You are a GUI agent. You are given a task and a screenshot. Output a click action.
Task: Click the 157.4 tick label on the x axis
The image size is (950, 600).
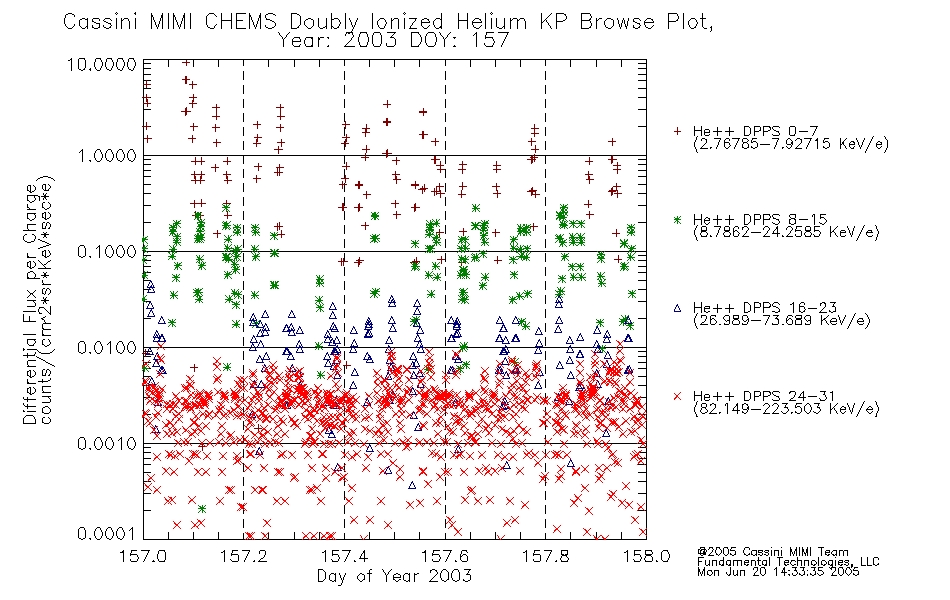(344, 556)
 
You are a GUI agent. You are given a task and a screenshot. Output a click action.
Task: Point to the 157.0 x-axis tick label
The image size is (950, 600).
(144, 556)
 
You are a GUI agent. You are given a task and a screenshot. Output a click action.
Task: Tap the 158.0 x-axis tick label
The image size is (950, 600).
(646, 556)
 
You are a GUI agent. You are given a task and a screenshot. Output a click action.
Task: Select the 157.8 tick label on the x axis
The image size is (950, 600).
(545, 556)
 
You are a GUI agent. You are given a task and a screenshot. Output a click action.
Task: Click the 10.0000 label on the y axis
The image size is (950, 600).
(102, 64)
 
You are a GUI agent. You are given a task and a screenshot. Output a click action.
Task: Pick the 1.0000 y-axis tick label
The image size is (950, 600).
(107, 156)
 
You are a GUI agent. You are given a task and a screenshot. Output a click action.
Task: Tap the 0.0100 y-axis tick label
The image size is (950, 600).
(107, 348)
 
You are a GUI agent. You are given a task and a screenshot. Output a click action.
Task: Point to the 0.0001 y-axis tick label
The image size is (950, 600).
(107, 533)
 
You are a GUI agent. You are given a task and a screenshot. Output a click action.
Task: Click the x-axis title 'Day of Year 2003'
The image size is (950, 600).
(394, 576)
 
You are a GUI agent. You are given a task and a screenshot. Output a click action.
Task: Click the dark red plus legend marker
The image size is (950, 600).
(677, 131)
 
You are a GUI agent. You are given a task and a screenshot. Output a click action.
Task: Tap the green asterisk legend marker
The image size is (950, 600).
(677, 219)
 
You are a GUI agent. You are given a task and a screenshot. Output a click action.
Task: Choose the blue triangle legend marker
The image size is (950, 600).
(677, 308)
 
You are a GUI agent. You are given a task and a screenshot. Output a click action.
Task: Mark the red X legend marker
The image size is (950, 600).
(677, 396)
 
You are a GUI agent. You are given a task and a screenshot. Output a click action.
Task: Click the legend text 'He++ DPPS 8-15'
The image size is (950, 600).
(760, 219)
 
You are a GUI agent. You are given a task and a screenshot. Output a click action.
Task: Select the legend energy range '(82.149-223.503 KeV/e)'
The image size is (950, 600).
(786, 409)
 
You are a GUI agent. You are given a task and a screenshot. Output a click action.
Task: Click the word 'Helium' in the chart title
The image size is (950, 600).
(491, 22)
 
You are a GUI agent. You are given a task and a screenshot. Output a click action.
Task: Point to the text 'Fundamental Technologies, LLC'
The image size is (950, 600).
(788, 562)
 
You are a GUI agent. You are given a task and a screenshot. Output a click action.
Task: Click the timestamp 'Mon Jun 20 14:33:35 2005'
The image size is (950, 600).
(778, 572)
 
